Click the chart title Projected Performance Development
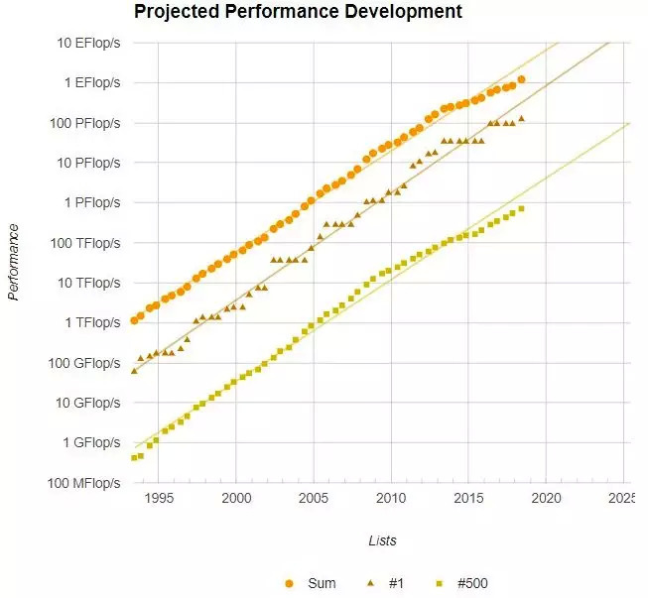298,13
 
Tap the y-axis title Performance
14,262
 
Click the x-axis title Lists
382,540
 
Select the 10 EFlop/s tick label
86,44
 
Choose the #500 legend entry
462,583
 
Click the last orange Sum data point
522,79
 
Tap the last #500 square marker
522,208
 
